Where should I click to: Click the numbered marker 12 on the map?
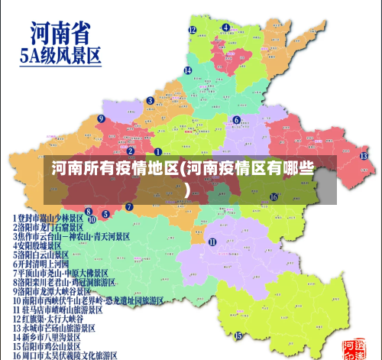coord(193,31)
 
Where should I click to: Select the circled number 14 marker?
coord(187,70)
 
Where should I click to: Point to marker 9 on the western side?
coord(101,118)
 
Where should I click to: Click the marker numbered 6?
coord(237,119)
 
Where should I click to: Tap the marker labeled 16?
coord(273,196)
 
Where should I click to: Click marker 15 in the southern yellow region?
coord(238,335)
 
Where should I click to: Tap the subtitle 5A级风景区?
coord(60,56)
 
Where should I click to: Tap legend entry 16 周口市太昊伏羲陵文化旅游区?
coord(64,355)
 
